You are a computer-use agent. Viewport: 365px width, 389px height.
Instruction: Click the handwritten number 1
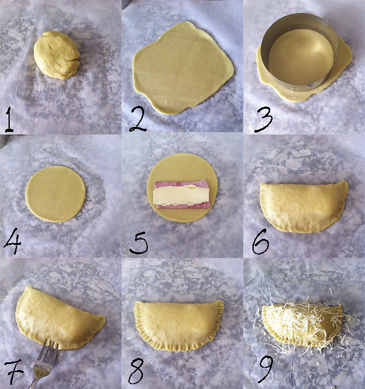point(9,119)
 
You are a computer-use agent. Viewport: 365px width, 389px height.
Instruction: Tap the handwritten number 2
point(138,119)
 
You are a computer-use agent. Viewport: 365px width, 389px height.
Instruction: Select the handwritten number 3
point(263,120)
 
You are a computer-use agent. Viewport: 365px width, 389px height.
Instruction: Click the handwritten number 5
point(139,242)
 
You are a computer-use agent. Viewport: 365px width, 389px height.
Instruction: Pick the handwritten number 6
point(260,241)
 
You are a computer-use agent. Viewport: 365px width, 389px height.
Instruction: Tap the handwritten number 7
point(13,371)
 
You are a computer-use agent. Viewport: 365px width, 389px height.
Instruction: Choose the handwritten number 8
point(136,371)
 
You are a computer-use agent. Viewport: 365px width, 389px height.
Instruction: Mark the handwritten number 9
point(266,370)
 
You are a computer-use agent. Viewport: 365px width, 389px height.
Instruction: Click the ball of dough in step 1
point(57,55)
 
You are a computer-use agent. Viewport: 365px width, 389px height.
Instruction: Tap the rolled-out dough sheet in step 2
point(182,68)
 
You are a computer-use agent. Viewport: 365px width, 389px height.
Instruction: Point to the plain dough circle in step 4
point(55,194)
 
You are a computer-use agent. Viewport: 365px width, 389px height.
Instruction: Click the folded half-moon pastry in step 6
point(304,207)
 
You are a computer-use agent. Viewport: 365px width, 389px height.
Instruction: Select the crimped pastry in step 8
point(179,325)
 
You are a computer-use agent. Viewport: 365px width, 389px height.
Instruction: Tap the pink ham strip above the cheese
point(181,184)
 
